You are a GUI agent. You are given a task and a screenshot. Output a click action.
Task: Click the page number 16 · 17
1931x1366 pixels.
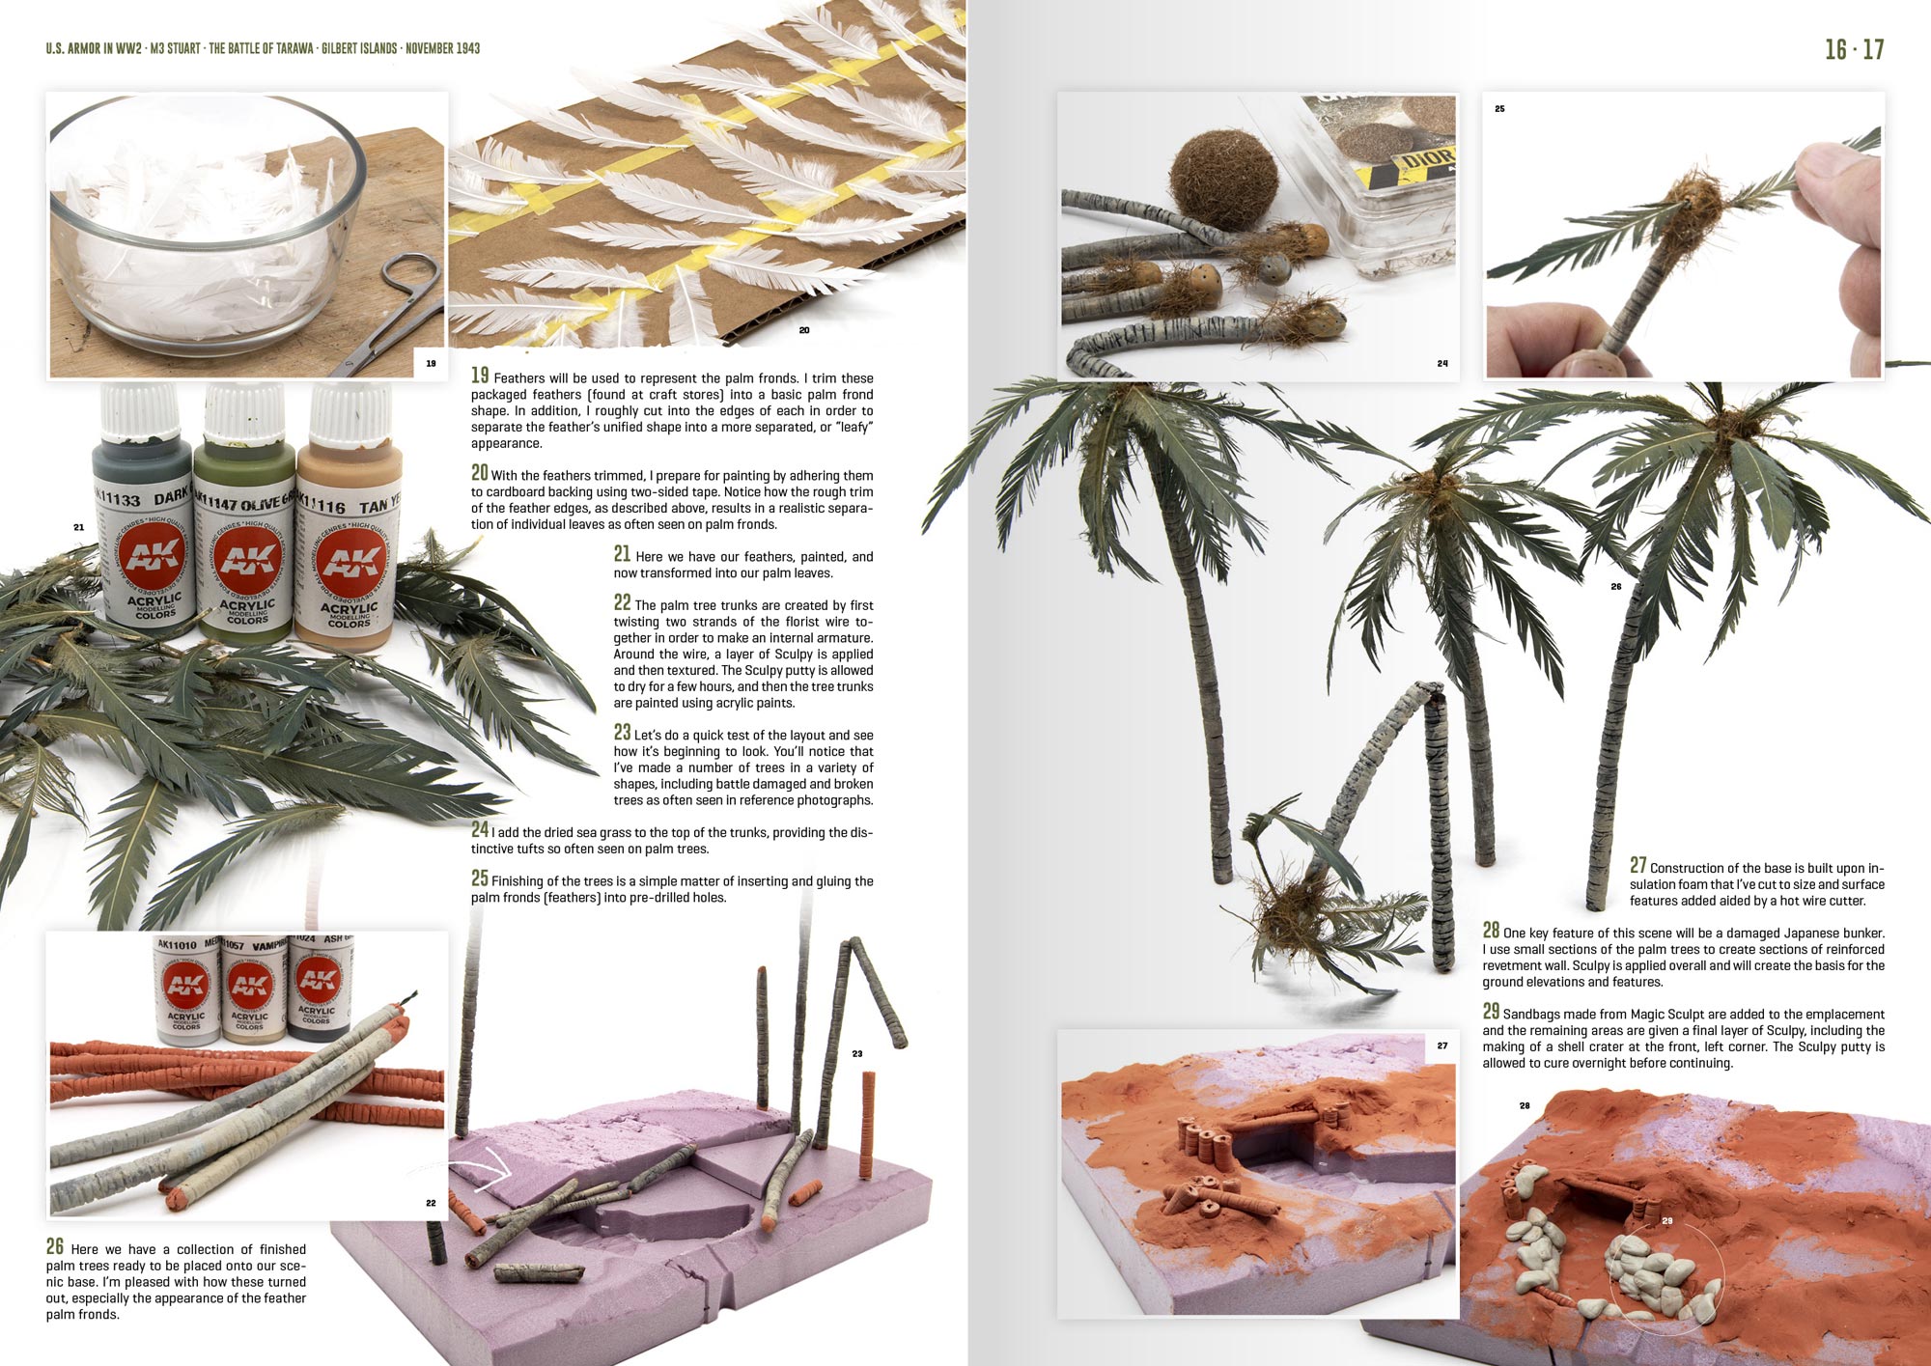1854,49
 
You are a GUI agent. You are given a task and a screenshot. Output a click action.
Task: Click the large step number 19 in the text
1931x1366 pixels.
480,376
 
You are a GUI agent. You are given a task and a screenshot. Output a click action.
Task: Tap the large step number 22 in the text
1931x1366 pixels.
623,602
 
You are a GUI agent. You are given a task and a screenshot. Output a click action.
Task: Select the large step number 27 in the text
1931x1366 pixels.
1638,865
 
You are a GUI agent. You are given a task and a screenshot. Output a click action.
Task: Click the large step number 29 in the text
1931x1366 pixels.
1492,1011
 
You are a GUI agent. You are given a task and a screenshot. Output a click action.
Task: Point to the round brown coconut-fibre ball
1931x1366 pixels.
1223,180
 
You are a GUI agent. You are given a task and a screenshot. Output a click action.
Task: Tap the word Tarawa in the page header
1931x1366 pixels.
291,48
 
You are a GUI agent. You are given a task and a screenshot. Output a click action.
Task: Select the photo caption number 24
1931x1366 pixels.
1442,364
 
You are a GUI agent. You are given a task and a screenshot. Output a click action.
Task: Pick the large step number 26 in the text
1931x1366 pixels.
55,1246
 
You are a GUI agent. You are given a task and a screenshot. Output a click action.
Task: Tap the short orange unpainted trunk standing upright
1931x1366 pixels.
868,1111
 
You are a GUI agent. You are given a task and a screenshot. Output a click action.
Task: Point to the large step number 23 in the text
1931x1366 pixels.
623,732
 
